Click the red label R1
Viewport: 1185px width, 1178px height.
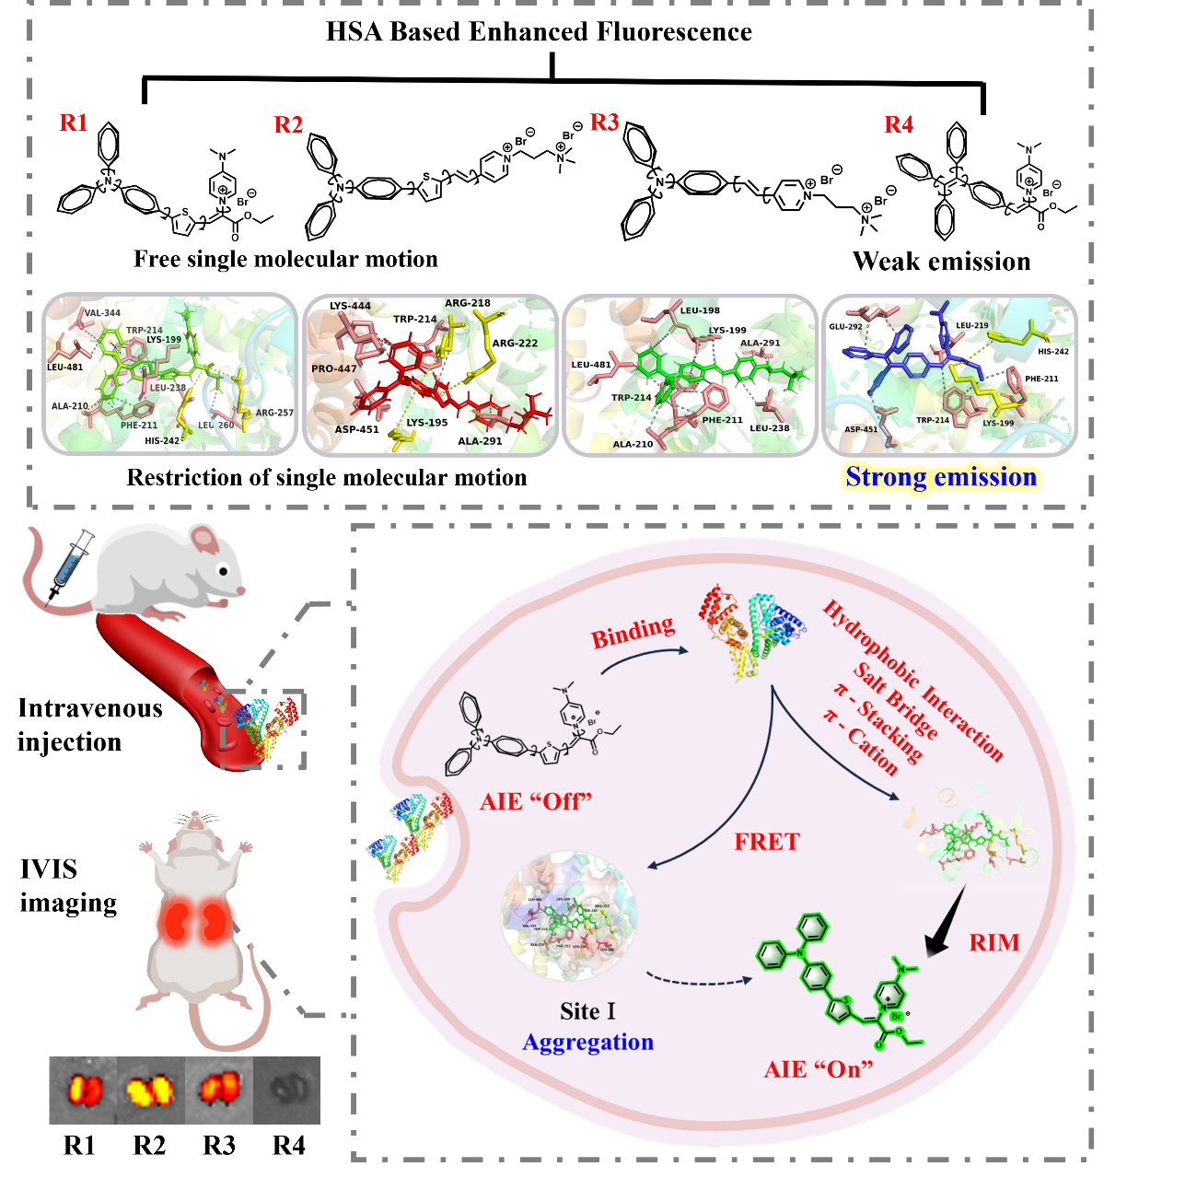[74, 122]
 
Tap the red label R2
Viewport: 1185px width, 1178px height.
[288, 125]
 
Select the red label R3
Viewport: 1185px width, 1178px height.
[604, 122]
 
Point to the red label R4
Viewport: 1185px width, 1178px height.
[899, 124]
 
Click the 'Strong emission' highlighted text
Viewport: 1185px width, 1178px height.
[941, 477]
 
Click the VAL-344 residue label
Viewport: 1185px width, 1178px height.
[102, 313]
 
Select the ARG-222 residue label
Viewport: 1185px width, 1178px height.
[515, 344]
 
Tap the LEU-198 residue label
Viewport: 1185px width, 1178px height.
[700, 311]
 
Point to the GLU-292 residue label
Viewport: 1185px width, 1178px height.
[845, 327]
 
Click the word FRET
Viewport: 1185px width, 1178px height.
[767, 842]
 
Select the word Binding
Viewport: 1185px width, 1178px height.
[633, 632]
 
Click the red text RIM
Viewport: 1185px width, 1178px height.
[994, 943]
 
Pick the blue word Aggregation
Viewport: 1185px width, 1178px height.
[587, 1042]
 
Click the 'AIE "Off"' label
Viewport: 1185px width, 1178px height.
[536, 801]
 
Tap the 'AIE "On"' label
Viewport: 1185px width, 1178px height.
[819, 1069]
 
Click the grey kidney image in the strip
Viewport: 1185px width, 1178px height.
[289, 1090]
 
